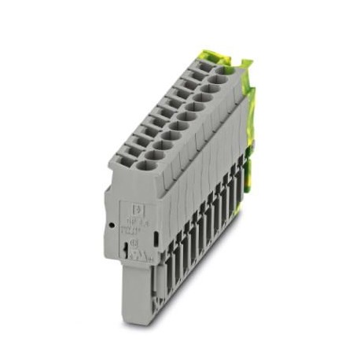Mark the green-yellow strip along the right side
pyautogui.click(x=254, y=126)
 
